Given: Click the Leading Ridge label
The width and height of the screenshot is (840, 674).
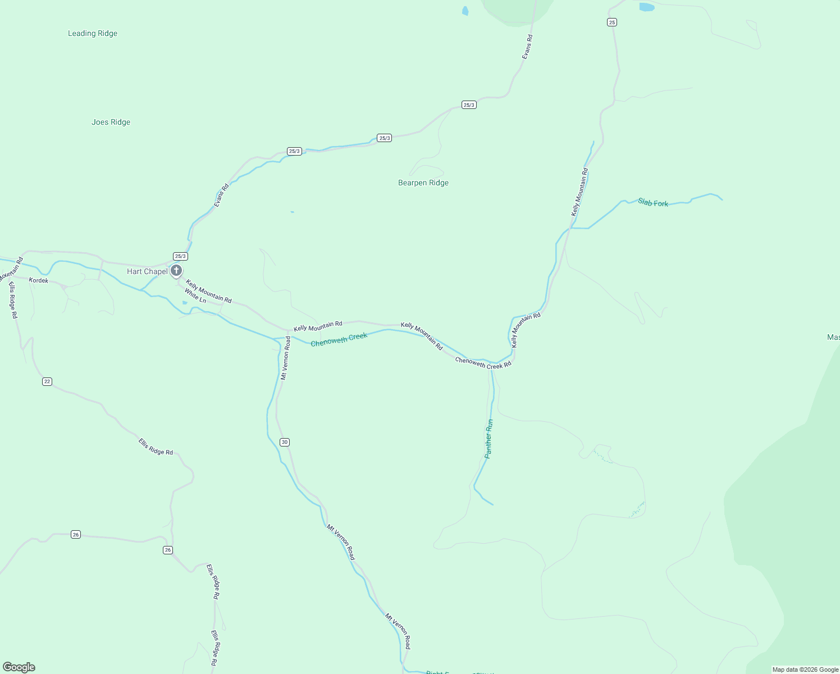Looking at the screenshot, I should [93, 34].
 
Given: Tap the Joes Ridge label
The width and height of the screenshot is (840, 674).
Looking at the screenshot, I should [111, 122].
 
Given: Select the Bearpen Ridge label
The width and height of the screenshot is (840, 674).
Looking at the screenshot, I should [423, 183].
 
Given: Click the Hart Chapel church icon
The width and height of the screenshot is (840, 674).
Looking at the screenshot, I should [176, 271].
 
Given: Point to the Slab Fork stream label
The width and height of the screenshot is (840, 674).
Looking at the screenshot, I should [653, 203].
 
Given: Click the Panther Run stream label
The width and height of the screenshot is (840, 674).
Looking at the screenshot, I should [489, 439].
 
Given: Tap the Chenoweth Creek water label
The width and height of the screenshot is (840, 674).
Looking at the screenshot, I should [339, 340].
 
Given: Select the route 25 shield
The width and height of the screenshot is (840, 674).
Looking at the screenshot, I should [612, 22].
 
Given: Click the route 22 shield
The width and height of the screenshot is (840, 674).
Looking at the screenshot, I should [47, 382].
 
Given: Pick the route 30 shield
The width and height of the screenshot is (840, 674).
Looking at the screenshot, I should [285, 443].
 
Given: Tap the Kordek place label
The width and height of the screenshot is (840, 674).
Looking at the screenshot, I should [39, 280].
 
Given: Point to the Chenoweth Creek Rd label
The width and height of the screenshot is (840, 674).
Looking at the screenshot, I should [483, 363].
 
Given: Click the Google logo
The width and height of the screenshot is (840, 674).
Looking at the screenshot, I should [19, 667].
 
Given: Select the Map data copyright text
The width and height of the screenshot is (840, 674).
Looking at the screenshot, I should [805, 670].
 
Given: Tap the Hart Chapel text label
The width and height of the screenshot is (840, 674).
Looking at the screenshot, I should [147, 272].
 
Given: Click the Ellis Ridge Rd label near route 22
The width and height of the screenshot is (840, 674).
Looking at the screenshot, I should [156, 447].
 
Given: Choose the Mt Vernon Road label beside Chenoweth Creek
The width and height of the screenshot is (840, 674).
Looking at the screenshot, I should [286, 358].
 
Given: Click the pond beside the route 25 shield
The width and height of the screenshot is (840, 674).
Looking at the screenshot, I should [647, 7].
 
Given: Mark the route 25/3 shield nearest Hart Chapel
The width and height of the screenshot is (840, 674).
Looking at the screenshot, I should [180, 256].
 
